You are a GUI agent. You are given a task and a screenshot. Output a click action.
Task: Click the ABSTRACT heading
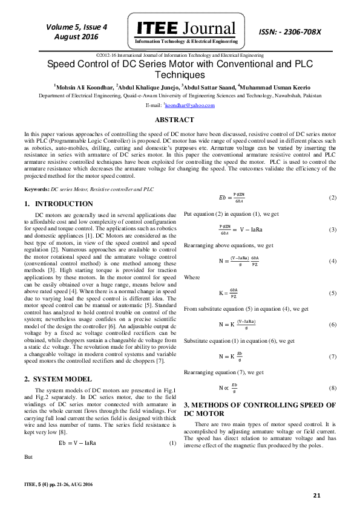[180, 120]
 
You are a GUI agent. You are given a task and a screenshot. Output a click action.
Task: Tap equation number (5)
[332, 293]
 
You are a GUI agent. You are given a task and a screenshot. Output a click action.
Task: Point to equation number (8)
[332, 387]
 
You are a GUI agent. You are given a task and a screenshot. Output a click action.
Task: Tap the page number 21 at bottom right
[316, 496]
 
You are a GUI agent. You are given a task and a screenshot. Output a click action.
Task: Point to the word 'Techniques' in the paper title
[180, 75]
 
